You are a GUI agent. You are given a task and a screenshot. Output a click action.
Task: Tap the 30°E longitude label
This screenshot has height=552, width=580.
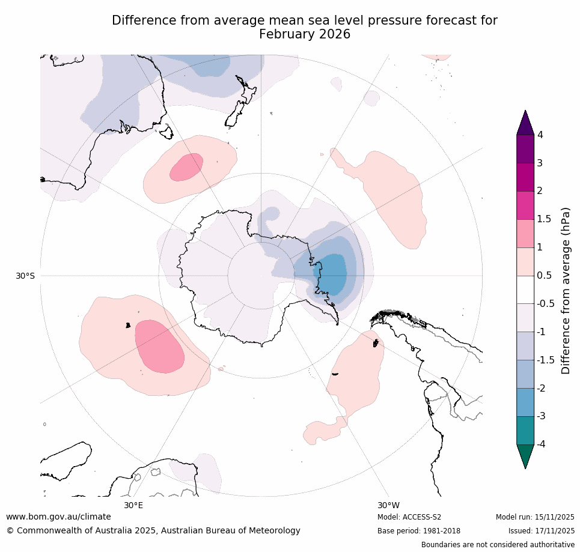[x=133, y=505]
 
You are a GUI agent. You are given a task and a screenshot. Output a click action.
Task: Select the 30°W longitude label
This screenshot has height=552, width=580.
[x=388, y=505]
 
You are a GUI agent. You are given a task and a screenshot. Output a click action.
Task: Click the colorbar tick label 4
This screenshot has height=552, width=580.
[x=540, y=135]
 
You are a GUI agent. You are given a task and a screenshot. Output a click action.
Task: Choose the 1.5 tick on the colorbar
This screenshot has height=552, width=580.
[x=544, y=219]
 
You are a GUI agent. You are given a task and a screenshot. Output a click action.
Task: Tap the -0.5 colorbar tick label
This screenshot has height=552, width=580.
[x=546, y=304]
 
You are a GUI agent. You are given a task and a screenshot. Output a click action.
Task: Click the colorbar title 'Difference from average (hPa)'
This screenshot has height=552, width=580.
[x=566, y=291]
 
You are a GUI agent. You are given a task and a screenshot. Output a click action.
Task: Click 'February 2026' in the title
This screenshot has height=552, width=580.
[x=304, y=34]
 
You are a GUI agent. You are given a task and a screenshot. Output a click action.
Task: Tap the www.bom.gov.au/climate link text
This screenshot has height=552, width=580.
[x=58, y=517]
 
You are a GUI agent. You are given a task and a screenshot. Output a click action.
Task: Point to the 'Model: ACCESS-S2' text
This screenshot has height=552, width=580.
[x=409, y=517]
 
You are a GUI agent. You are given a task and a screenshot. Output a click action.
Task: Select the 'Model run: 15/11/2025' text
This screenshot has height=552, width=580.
[x=535, y=517]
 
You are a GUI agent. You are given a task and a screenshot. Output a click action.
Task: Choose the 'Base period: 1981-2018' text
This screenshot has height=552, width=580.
[x=419, y=531]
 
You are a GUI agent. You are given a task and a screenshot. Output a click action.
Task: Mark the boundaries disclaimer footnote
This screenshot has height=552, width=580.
[x=498, y=545]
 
